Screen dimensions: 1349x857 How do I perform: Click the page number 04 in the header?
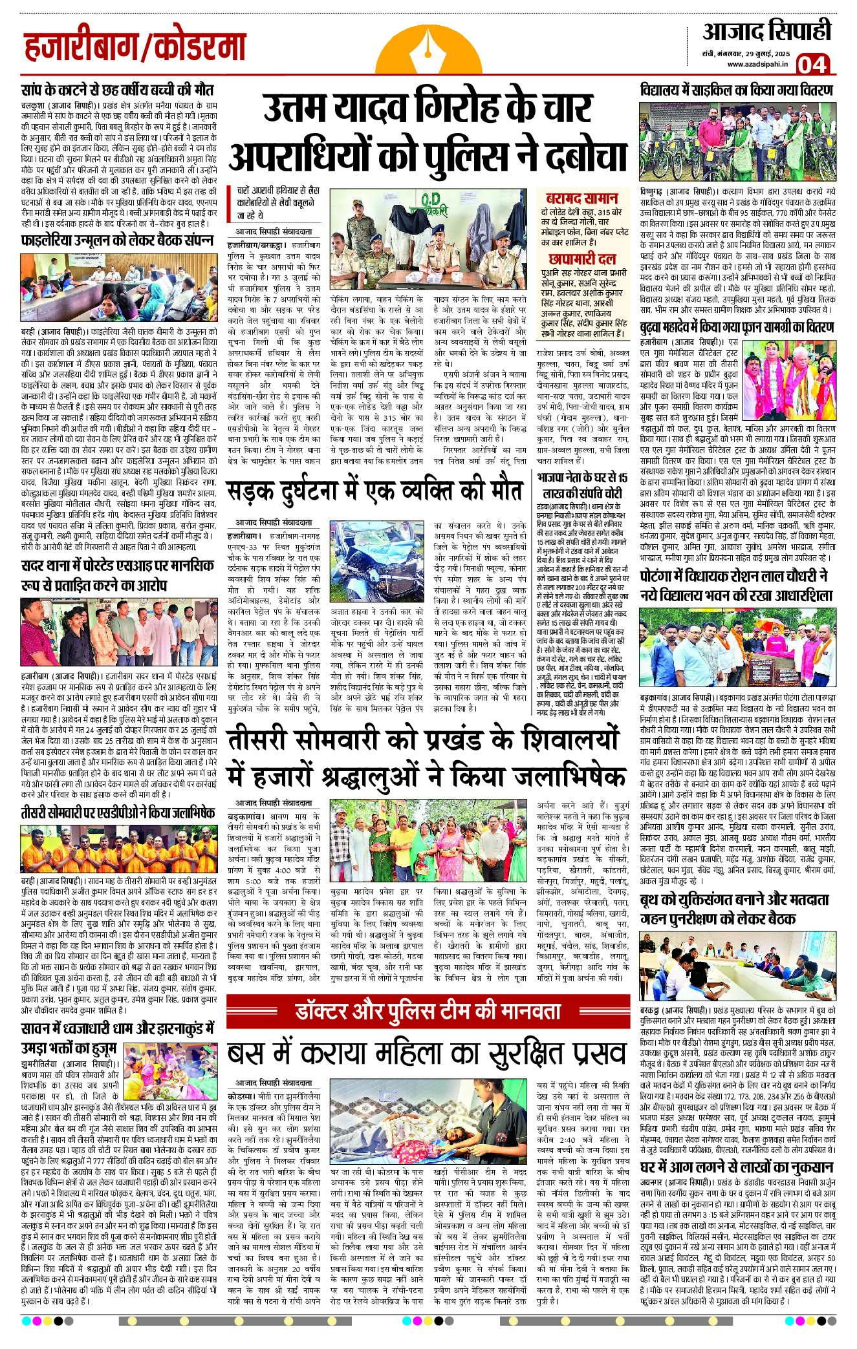point(812,65)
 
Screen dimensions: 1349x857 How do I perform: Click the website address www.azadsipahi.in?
point(757,63)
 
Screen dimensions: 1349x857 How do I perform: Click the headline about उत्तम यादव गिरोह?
point(428,134)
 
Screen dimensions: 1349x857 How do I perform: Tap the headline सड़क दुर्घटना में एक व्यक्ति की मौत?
point(374,491)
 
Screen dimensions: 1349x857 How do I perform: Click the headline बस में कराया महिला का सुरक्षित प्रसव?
point(427,1054)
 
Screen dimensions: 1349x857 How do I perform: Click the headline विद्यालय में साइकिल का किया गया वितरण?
point(736,89)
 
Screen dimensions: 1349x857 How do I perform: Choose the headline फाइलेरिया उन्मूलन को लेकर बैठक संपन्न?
point(117,240)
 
